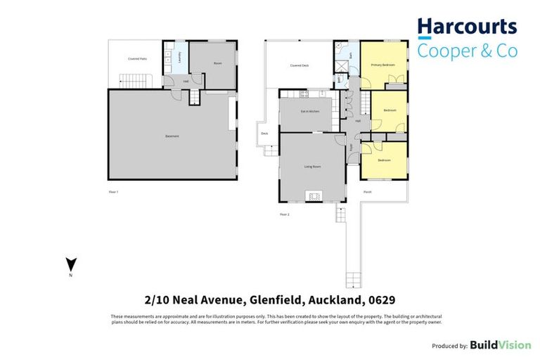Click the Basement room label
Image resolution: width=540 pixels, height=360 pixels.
172,136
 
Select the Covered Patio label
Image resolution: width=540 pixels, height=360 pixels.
136,58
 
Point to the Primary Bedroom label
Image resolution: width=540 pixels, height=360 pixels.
383,65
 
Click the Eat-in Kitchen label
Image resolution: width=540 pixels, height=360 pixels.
310,111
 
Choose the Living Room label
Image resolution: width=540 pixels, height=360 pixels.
312,167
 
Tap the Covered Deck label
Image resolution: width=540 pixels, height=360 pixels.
300,65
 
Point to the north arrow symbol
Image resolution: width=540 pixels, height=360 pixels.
70,265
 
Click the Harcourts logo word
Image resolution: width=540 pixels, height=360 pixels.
467,28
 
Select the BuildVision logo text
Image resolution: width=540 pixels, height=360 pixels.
498,345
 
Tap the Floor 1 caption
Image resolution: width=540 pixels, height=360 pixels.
113,191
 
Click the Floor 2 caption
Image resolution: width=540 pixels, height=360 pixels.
284,214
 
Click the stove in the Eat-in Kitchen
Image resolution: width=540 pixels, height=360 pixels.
304,94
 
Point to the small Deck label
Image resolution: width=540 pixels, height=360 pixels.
264,133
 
